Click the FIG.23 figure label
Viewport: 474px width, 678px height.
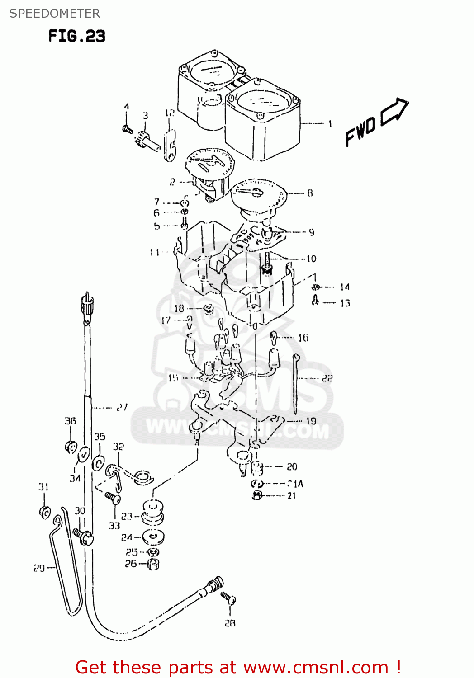[x=76, y=36]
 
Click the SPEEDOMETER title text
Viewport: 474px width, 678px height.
[x=54, y=14]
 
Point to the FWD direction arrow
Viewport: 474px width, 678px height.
[x=394, y=111]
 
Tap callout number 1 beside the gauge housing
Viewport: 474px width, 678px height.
[x=330, y=123]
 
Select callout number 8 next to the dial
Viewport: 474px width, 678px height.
[x=310, y=193]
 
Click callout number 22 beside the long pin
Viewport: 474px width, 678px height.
[x=327, y=378]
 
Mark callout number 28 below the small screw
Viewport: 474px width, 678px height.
[x=230, y=623]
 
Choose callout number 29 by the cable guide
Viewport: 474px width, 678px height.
[x=39, y=568]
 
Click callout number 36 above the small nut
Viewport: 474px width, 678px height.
[x=70, y=421]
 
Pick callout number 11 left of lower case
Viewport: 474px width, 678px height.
[x=155, y=252]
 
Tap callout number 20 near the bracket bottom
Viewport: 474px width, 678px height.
[x=292, y=466]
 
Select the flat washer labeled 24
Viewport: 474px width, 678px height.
[x=153, y=537]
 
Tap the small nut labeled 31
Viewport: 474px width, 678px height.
[x=45, y=513]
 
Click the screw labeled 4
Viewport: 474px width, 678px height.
[x=127, y=129]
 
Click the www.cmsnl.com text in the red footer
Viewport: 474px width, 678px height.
[x=316, y=667]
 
